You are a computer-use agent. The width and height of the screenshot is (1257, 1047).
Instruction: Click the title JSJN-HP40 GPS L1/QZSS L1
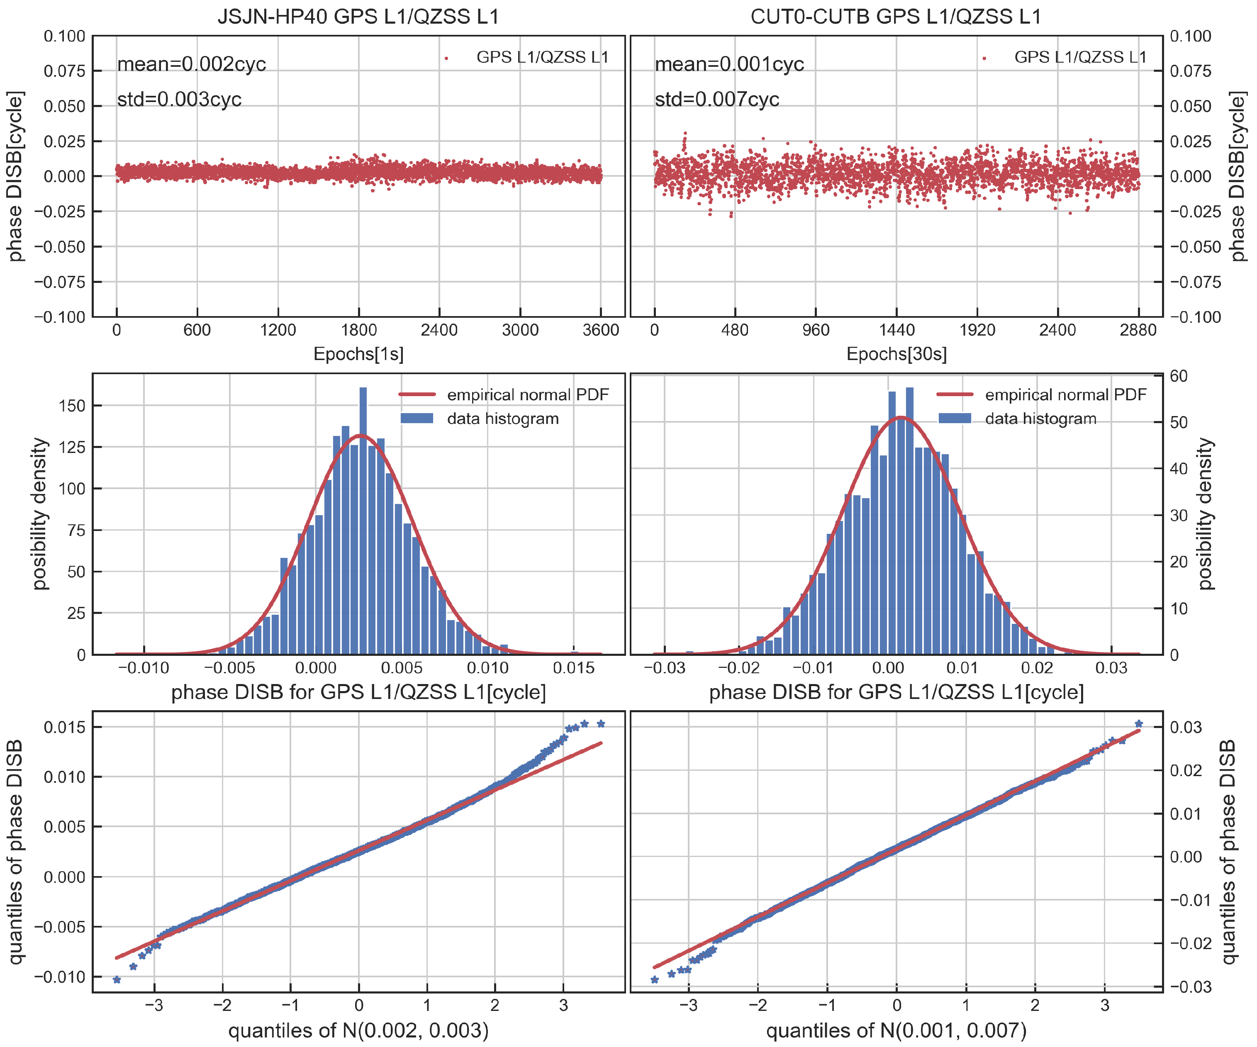tap(358, 16)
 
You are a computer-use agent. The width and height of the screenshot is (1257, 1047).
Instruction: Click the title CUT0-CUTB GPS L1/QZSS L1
tap(896, 16)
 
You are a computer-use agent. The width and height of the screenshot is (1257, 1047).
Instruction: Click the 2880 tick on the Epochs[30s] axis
tap(1138, 330)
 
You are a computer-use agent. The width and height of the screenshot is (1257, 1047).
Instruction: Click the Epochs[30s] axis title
tap(896, 354)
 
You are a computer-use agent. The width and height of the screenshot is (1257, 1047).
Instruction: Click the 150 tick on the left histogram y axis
tap(73, 406)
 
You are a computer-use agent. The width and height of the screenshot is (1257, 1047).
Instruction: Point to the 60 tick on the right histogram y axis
tap(1179, 376)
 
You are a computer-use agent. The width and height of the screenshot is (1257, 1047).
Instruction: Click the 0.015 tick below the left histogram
tap(573, 668)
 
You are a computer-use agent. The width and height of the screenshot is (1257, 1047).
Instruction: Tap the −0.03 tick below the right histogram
tap(665, 668)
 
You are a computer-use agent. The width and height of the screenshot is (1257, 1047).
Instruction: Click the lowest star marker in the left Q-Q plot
tap(117, 980)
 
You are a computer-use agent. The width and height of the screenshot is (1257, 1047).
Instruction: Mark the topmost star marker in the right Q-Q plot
tap(1138, 724)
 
